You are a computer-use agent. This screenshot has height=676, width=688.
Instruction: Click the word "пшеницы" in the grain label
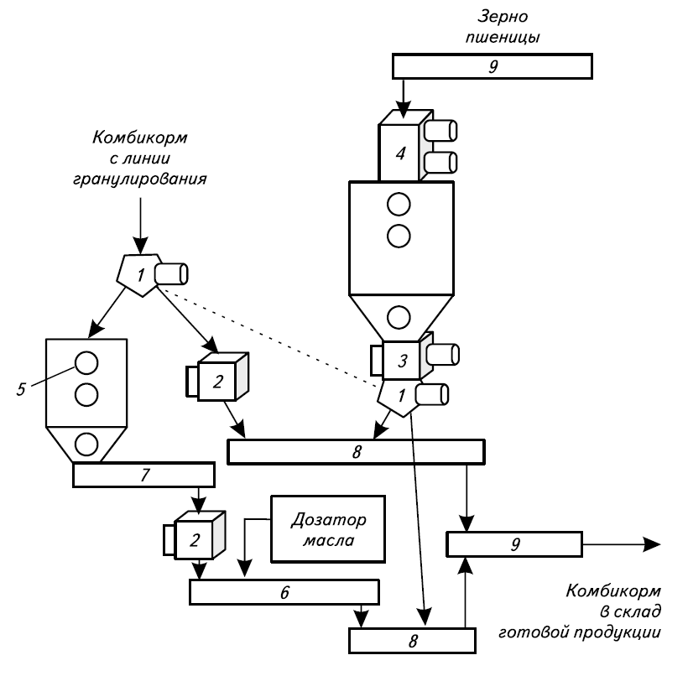(x=506, y=37)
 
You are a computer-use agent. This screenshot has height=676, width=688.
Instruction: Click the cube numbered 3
(x=403, y=361)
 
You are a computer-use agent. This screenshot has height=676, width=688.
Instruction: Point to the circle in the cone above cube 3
(x=399, y=316)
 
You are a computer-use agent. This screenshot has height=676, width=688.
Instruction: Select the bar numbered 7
(x=143, y=475)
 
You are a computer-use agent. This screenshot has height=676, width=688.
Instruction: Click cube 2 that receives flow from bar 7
(x=195, y=538)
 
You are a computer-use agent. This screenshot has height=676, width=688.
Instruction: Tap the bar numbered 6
(x=285, y=591)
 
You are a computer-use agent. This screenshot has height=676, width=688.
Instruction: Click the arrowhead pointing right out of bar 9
(x=650, y=545)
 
